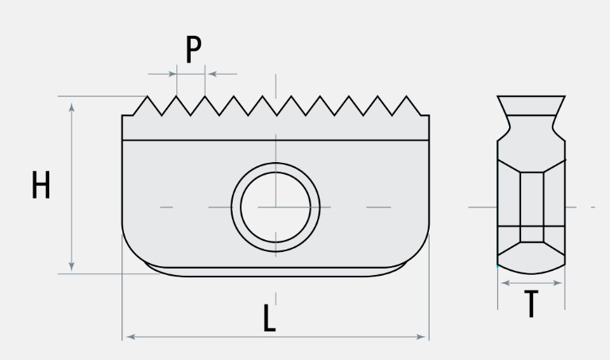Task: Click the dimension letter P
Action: click(x=193, y=50)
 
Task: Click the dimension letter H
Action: click(x=41, y=185)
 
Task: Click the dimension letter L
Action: click(x=270, y=319)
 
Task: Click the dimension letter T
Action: click(x=531, y=304)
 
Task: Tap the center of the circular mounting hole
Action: click(x=275, y=207)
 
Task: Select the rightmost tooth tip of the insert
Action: click(x=409, y=98)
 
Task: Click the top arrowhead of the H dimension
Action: click(x=71, y=104)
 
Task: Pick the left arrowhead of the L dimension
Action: click(x=127, y=337)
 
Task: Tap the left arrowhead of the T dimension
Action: click(x=502, y=282)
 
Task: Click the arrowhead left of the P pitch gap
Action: click(x=172, y=74)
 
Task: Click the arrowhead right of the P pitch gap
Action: click(x=210, y=74)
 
